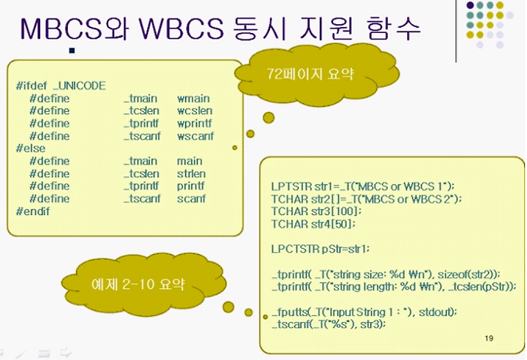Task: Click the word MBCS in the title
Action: tap(61, 29)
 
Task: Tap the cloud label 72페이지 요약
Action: tap(310, 74)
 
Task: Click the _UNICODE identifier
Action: tap(80, 86)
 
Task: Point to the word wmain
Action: tap(193, 99)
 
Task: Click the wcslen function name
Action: tap(195, 111)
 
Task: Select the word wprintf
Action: tap(195, 124)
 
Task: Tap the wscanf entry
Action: tap(195, 136)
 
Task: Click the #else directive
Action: tap(31, 149)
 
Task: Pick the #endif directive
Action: tap(33, 211)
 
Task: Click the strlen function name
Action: tap(191, 174)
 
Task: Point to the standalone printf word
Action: tap(190, 186)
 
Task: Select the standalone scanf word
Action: tap(191, 198)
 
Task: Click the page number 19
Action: tap(489, 339)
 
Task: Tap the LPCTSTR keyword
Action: tap(296, 249)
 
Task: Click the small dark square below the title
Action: tap(72, 50)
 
